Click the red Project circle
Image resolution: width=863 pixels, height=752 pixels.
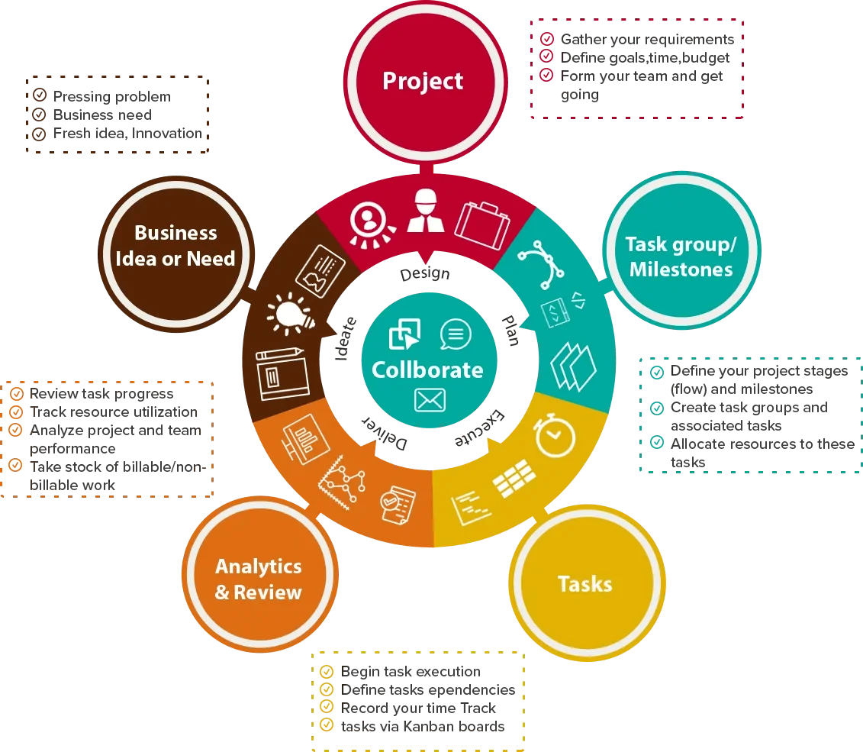[x=426, y=82]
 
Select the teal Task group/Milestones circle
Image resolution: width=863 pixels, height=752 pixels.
[x=681, y=250]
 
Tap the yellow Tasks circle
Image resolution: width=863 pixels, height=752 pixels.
[x=587, y=583]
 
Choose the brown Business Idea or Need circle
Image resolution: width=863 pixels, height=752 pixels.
[x=176, y=254]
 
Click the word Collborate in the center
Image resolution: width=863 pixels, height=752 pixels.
[x=427, y=370]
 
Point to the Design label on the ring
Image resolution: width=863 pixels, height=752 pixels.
[x=425, y=273]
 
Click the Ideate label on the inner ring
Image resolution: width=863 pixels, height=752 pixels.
[x=346, y=338]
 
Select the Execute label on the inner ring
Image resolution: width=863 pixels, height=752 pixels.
[x=479, y=428]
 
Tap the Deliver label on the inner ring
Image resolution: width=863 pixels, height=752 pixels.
[x=385, y=433]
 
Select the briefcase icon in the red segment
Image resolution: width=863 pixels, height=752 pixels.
[x=482, y=225]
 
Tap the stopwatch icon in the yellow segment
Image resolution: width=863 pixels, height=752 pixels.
[x=554, y=436]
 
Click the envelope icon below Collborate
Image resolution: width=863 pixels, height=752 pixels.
[x=430, y=400]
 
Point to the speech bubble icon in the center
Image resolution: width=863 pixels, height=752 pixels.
[x=456, y=334]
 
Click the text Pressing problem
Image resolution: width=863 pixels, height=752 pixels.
[x=111, y=96]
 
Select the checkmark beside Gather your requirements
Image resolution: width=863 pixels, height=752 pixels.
[x=546, y=38]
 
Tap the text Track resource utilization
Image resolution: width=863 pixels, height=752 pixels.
[x=114, y=412]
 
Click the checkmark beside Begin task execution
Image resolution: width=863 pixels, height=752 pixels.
[x=327, y=671]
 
